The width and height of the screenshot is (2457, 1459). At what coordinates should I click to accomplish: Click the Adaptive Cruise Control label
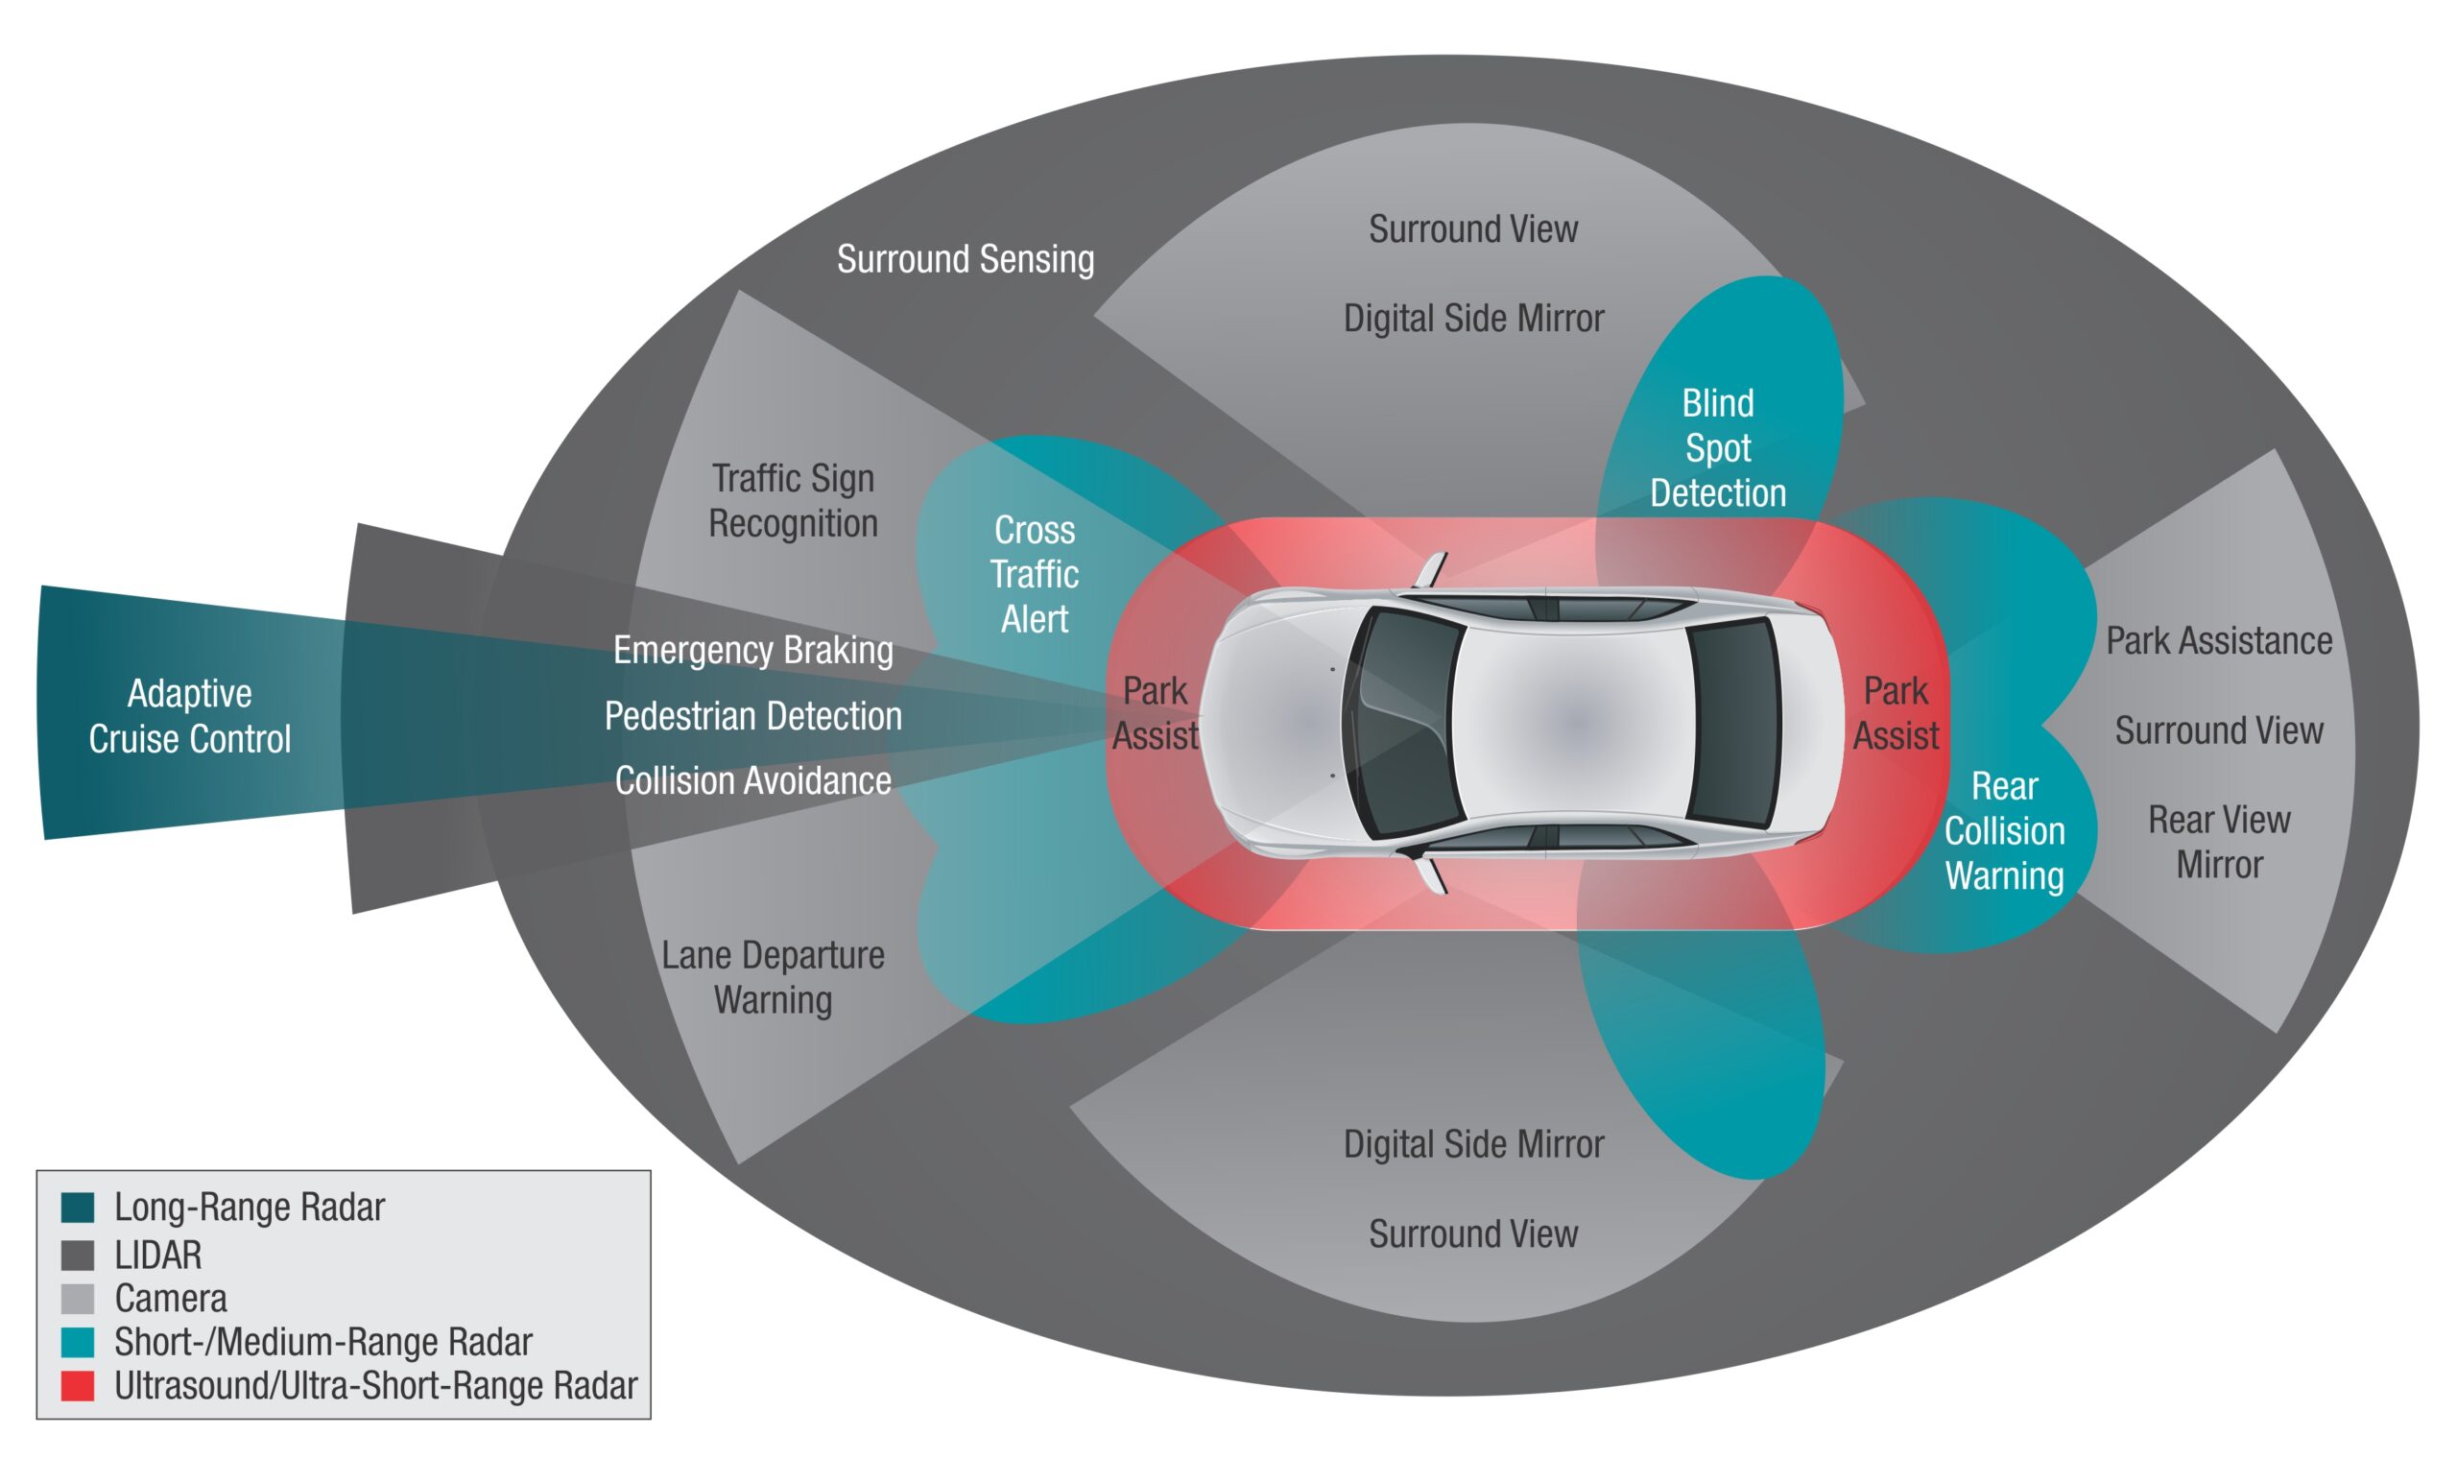[189, 716]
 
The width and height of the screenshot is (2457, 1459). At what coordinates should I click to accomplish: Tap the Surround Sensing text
[966, 259]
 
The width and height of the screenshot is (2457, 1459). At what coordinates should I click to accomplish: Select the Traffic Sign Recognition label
[793, 500]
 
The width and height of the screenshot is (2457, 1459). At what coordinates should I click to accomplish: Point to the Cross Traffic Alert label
[1034, 574]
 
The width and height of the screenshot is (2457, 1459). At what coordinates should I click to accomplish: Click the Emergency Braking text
[752, 650]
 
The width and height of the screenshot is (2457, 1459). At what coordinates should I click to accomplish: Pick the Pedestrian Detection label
[752, 716]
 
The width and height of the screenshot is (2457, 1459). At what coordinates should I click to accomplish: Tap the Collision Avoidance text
[752, 780]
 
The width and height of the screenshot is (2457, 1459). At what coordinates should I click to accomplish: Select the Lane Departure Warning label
[773, 977]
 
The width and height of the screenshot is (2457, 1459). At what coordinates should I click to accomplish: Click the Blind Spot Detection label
[1717, 448]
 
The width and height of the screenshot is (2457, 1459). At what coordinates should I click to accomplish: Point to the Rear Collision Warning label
[2004, 830]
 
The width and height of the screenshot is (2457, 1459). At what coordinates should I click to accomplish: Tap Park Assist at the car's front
[1155, 713]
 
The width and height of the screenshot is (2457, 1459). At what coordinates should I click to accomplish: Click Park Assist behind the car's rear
[1895, 713]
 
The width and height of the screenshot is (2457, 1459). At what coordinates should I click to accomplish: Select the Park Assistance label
[2218, 641]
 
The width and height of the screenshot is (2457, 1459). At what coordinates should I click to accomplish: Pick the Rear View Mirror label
[2218, 842]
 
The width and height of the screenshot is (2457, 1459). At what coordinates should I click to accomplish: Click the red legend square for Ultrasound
[78, 1385]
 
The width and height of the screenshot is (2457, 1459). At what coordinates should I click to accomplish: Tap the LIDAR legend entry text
[158, 1256]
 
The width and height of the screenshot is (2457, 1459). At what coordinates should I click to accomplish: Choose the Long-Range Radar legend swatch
[78, 1208]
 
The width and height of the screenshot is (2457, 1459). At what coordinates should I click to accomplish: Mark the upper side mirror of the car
[1430, 571]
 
